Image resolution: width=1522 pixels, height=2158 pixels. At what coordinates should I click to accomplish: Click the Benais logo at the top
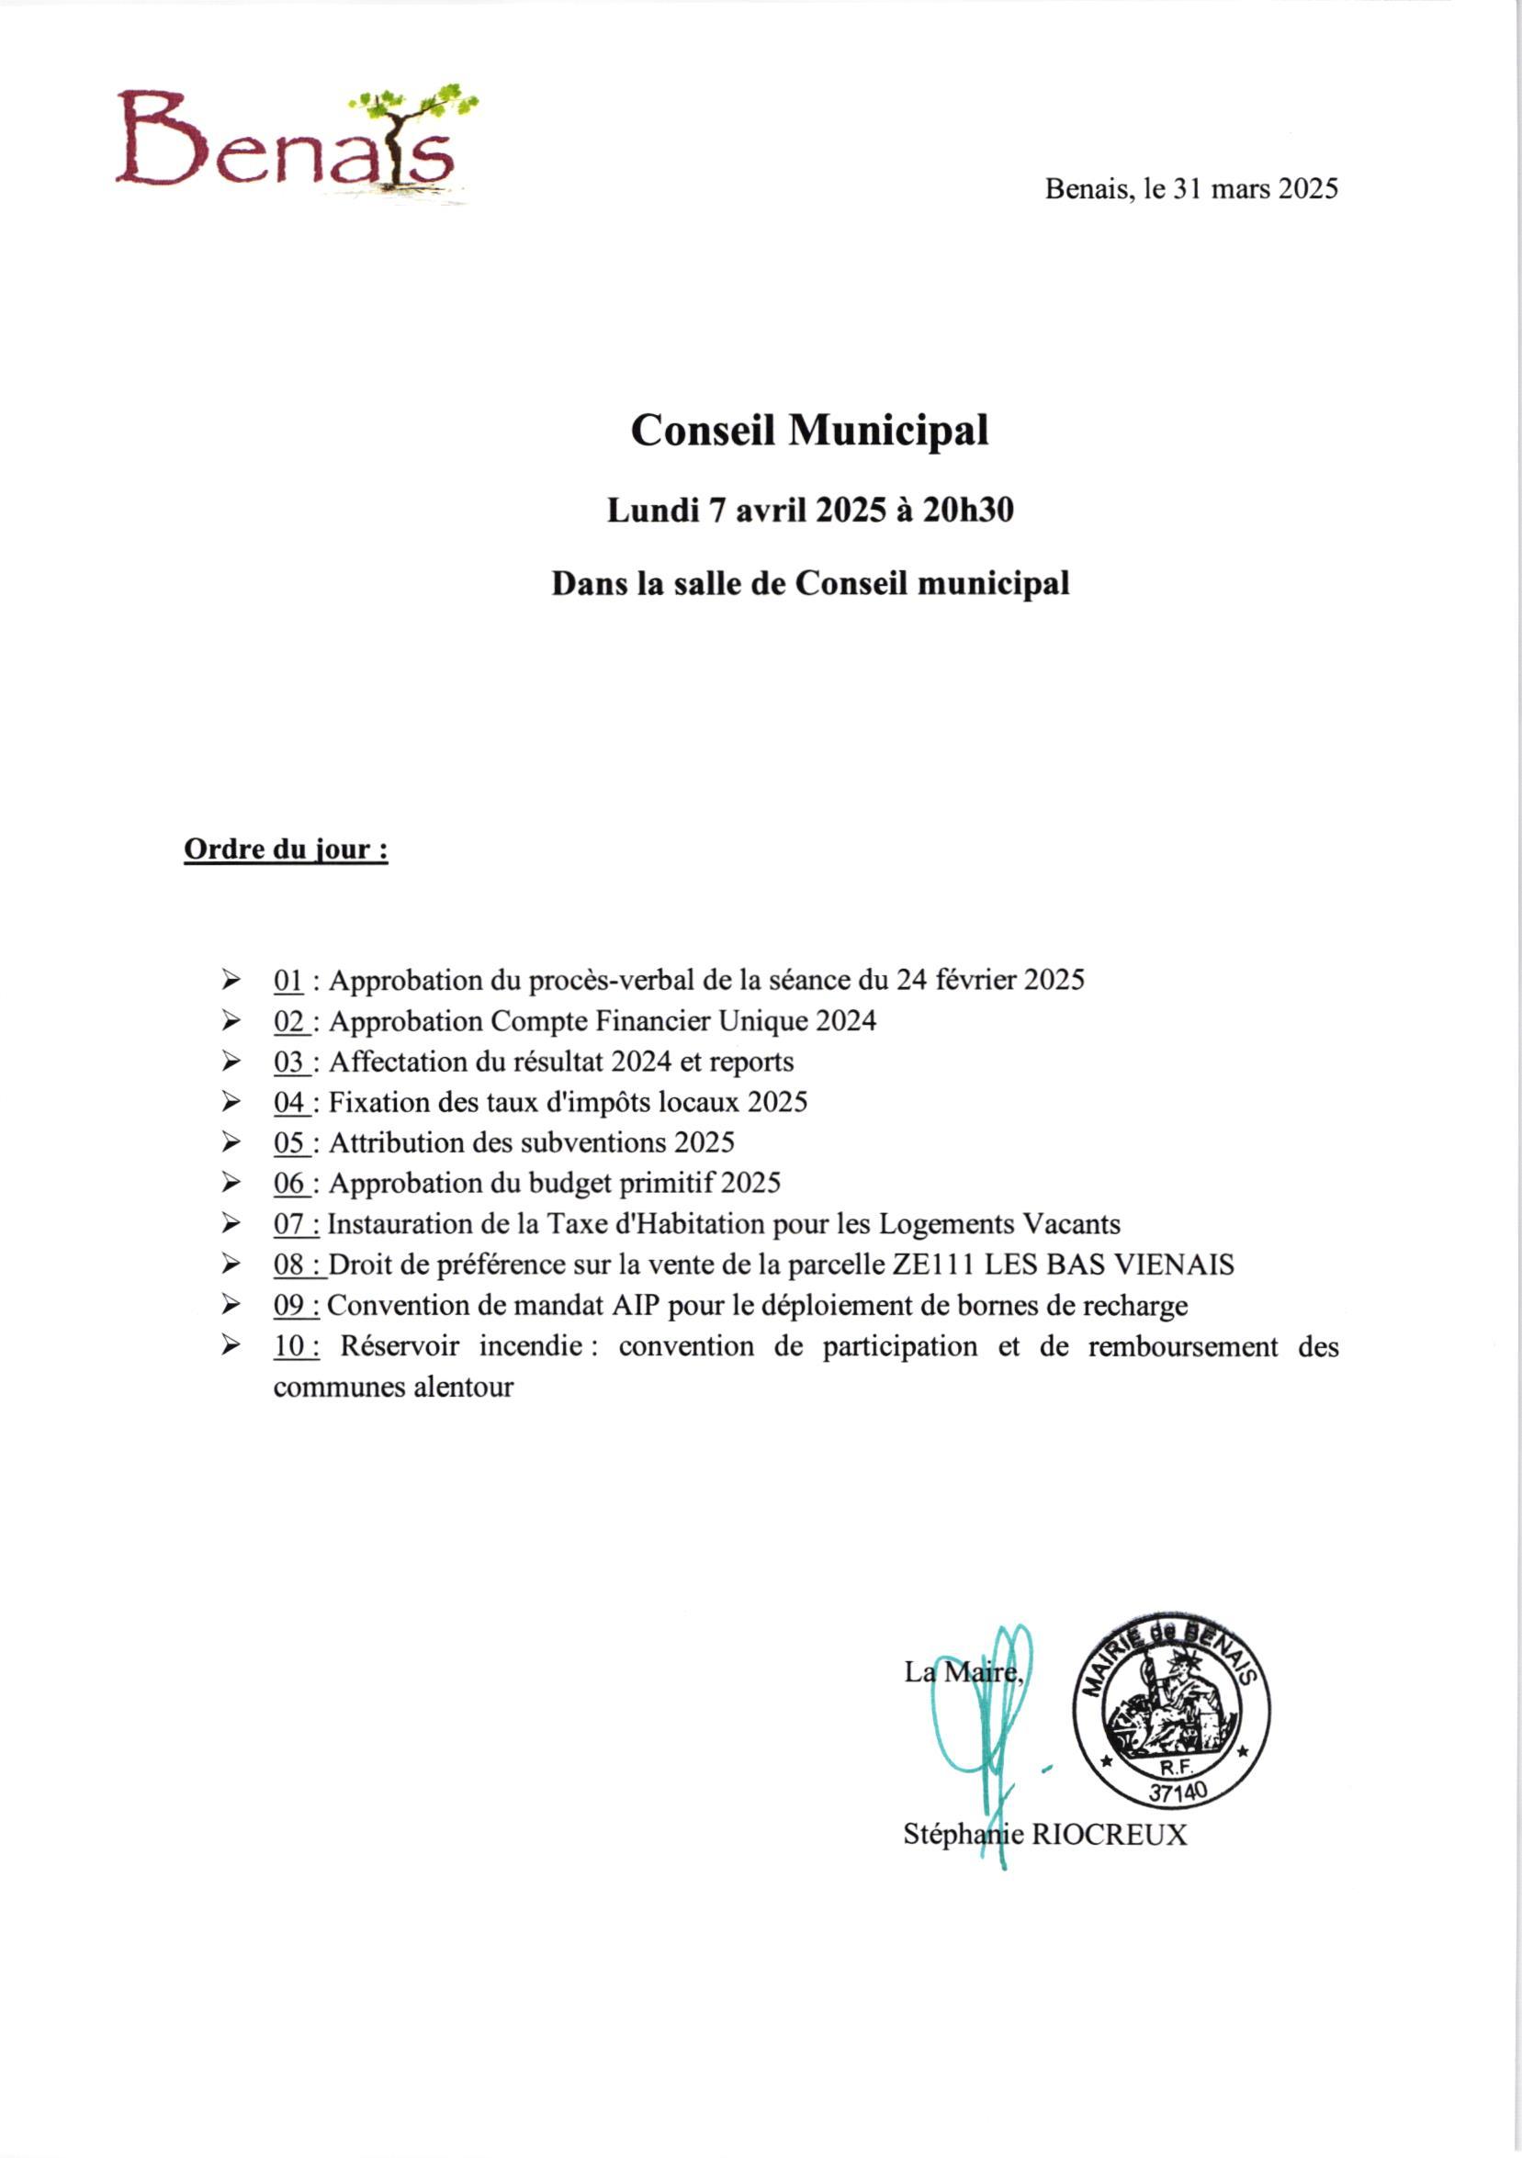point(296,143)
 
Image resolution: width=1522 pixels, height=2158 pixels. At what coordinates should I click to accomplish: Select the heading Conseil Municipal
point(809,432)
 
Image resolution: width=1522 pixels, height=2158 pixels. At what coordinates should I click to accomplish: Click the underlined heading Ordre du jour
point(286,849)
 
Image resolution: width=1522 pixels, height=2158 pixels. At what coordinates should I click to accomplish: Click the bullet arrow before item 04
point(231,1103)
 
